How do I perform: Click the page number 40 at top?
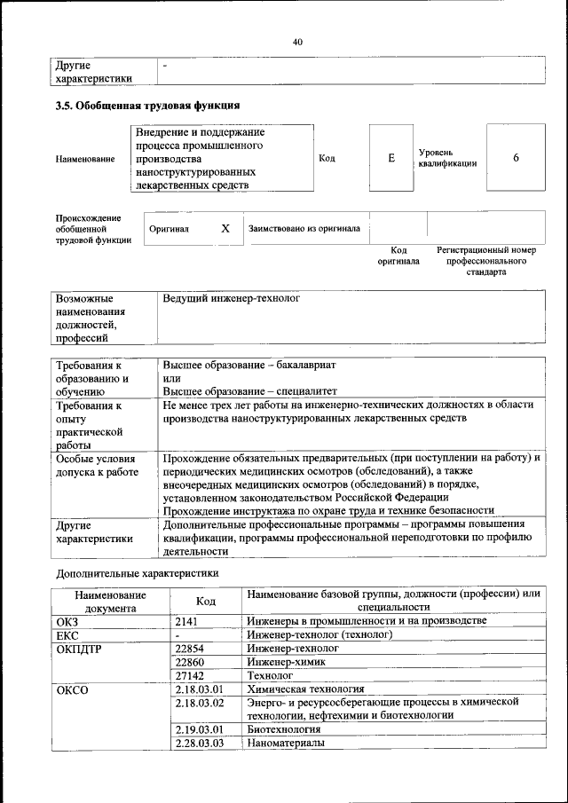point(297,42)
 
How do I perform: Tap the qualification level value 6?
point(516,158)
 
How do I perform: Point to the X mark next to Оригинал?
point(225,228)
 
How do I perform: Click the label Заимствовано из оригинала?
point(304,228)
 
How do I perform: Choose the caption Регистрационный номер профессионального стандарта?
point(486,261)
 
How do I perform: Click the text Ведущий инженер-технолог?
point(232,299)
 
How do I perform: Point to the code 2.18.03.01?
point(199,689)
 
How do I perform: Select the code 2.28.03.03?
point(199,743)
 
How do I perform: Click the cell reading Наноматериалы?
point(287,743)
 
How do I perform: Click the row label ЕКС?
point(67,635)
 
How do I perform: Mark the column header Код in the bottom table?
point(206,601)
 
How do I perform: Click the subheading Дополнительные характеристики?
point(138,573)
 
